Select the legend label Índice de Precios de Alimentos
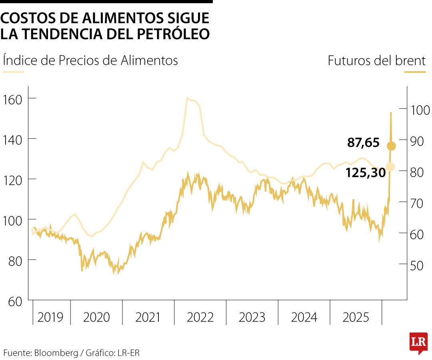point(90,60)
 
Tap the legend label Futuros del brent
point(376,61)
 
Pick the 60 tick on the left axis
point(14,301)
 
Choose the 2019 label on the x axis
point(50,317)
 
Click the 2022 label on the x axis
point(200,317)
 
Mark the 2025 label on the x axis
point(356,317)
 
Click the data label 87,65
point(363,143)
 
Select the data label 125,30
point(366,172)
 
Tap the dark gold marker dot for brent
point(391,146)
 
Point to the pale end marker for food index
point(391,167)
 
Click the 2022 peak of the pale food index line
point(187,98)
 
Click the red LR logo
point(418,342)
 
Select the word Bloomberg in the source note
point(56,353)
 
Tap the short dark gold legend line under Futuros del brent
point(415,72)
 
